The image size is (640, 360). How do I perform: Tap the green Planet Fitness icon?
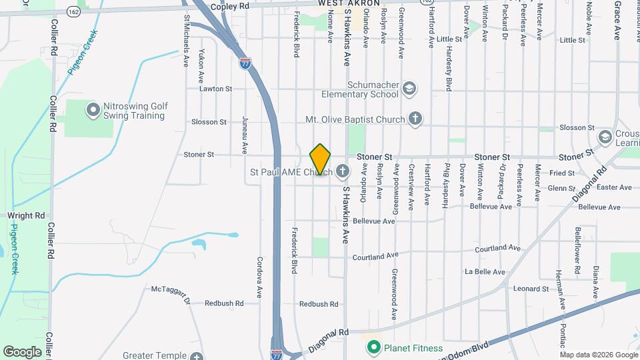click(373, 347)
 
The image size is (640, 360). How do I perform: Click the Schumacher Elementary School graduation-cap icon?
click(409, 88)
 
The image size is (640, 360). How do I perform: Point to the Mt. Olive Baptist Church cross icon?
click(415, 119)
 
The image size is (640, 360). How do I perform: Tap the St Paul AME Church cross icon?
click(342, 172)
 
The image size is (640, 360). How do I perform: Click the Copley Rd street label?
click(229, 6)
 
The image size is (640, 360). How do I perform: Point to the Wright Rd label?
click(25, 216)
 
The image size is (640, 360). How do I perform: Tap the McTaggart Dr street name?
click(171, 293)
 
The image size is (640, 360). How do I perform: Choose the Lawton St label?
click(215, 88)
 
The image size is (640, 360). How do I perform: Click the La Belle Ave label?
click(485, 272)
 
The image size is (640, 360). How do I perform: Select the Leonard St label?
click(531, 289)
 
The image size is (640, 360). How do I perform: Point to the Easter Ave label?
click(614, 187)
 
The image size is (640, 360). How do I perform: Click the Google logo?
click(22, 351)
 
